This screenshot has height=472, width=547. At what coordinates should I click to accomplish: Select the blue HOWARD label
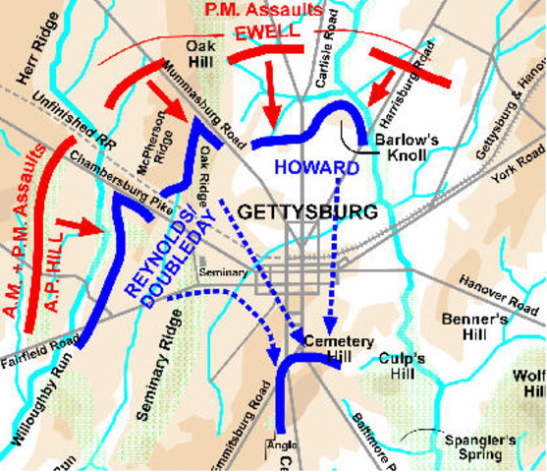click(x=316, y=167)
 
